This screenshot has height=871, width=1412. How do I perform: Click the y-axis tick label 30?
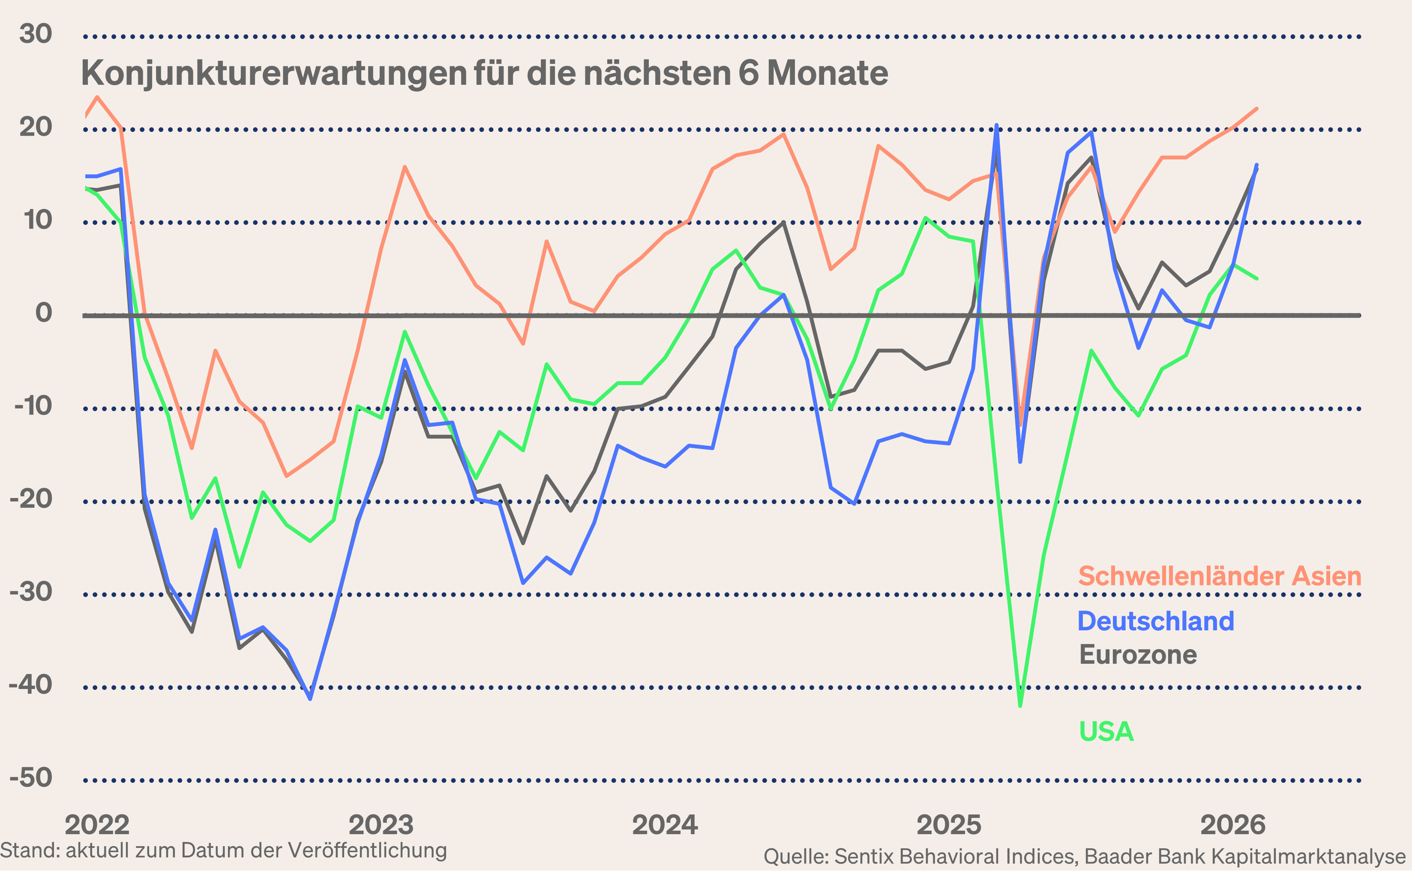pos(36,33)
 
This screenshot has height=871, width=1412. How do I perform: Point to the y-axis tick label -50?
pos(31,778)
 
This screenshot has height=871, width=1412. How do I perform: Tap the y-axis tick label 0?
pos(44,313)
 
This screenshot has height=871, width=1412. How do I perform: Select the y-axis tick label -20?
pos(31,498)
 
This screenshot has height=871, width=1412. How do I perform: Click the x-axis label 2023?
pos(381,825)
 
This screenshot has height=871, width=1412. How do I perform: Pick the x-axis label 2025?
pos(949,825)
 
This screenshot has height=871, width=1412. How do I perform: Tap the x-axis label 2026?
pos(1233,825)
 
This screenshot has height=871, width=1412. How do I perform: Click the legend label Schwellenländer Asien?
pos(1220,576)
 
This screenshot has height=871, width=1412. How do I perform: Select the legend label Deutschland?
pos(1156,621)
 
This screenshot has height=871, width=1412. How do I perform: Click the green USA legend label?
pos(1106,731)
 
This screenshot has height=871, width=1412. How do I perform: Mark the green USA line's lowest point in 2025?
pos(1020,706)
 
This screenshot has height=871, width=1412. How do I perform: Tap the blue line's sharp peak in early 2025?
pos(996,125)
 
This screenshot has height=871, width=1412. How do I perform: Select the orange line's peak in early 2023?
pos(405,167)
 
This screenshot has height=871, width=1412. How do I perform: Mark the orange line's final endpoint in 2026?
pos(1256,109)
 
